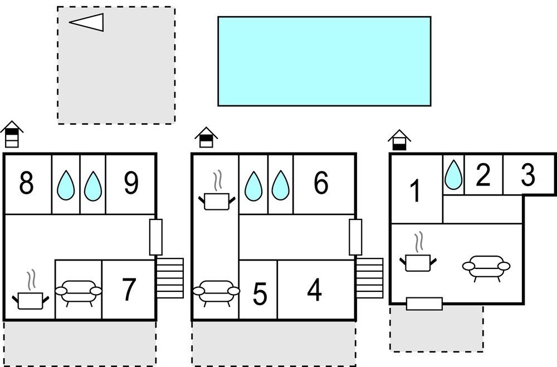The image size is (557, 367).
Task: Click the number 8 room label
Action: [26, 183]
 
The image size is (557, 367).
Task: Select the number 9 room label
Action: [131, 183]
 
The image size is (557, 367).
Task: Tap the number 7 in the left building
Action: [129, 289]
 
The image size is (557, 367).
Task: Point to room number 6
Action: [321, 183]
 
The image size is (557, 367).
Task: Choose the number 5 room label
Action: [260, 294]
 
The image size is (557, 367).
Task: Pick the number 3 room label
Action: [528, 175]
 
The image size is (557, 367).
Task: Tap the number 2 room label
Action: [483, 175]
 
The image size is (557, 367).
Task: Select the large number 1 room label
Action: [415, 191]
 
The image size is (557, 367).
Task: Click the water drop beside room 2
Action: [453, 175]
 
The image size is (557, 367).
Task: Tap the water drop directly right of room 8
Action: [66, 185]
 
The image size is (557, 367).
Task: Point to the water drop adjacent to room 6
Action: [280, 185]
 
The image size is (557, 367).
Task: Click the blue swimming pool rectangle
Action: [324, 61]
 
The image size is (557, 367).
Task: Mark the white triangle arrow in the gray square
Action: [86, 22]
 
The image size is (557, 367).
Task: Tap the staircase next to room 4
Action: [369, 278]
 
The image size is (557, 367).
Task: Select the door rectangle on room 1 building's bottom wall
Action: [424, 304]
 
